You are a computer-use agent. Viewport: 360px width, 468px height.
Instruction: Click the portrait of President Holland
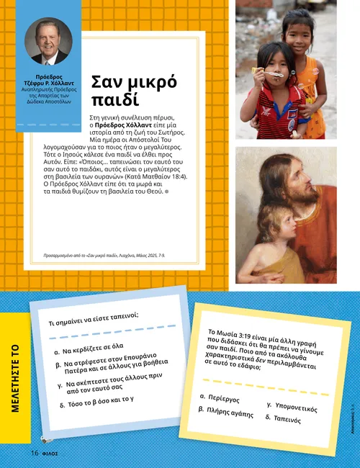coord(50,42)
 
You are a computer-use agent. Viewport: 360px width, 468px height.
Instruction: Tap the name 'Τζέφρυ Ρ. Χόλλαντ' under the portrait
coord(50,83)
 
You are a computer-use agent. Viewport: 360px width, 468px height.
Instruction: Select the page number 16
coord(33,453)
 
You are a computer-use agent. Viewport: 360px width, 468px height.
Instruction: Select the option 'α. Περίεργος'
coord(220,397)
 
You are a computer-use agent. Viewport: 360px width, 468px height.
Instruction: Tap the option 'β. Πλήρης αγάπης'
coord(225,412)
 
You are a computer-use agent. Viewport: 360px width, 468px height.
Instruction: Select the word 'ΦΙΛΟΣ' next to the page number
coord(50,454)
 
